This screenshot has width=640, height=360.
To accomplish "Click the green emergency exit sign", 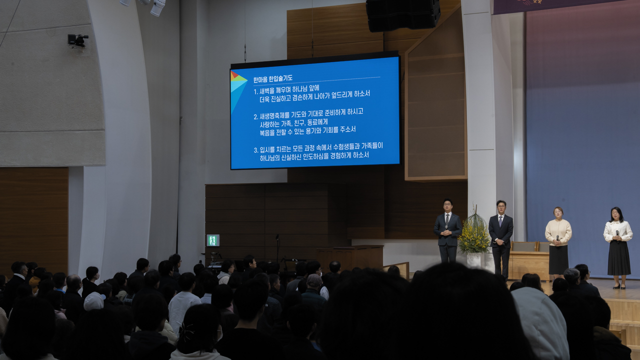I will point(213,240).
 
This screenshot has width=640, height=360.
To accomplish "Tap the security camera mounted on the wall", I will point(77,40).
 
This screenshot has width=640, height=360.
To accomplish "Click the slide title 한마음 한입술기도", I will point(272,79).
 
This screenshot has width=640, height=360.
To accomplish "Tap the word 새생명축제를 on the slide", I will point(274,116).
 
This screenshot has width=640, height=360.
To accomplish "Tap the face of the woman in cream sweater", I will point(558,212).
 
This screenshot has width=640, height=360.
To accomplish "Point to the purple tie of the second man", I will point(500,220).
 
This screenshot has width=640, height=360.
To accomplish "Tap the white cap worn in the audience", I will point(93,301).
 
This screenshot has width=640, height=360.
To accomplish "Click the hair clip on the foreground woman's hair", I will point(186,330).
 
